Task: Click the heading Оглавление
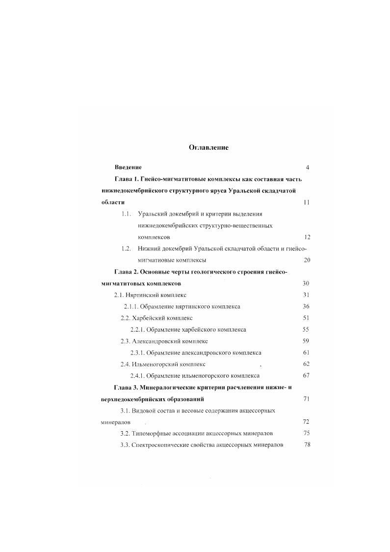point(208,147)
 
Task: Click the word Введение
point(128,167)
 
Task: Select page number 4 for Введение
point(307,167)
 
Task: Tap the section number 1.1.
point(127,214)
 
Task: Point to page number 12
point(307,237)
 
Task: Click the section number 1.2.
point(127,248)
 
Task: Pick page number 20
point(307,260)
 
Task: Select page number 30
point(306,283)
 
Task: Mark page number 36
point(306,306)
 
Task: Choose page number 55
point(306,330)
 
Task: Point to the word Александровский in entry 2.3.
point(157,341)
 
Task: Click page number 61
point(306,353)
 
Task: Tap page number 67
point(306,376)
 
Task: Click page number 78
point(307,445)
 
